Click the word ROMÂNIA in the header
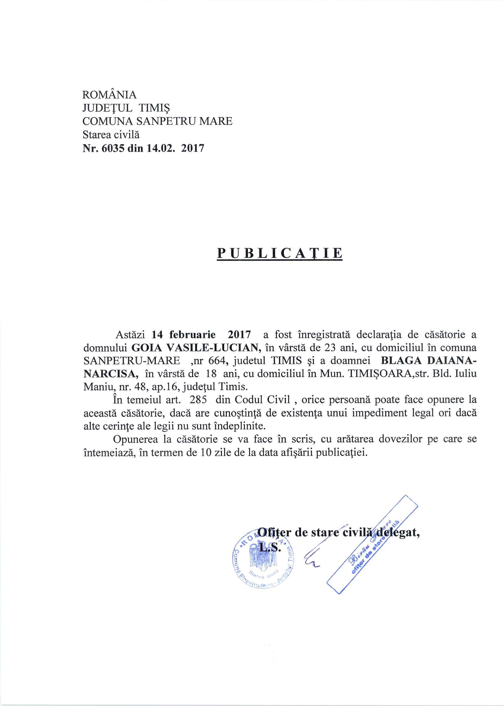[x=109, y=95]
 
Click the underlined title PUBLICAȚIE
[x=280, y=253]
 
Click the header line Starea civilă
[x=111, y=135]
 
